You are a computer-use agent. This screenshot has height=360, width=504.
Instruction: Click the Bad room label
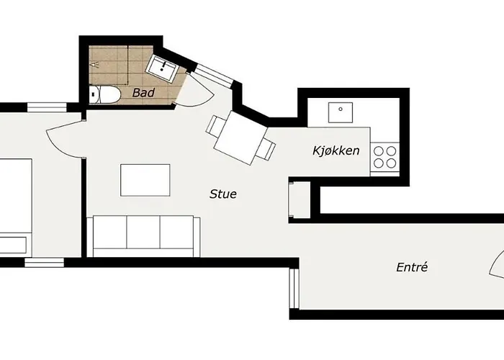coord(144,92)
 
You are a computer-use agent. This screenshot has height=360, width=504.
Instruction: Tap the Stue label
coord(223,194)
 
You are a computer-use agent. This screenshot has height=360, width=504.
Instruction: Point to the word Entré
coord(412,267)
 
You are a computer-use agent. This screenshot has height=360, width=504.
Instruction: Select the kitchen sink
coord(338,112)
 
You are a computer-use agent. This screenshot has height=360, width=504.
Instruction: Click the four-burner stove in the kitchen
coord(384,157)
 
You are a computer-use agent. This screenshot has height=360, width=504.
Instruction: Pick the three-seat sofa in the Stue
coord(143,235)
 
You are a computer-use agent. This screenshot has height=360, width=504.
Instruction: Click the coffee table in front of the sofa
coord(145,180)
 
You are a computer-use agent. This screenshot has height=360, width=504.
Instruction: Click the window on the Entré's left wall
coord(293,289)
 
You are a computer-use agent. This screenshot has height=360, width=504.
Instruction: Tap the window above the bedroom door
coord(47,107)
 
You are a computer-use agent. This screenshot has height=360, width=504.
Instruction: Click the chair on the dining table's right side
coord(268,149)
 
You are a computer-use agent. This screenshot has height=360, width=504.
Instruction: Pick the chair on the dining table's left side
coord(215,125)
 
